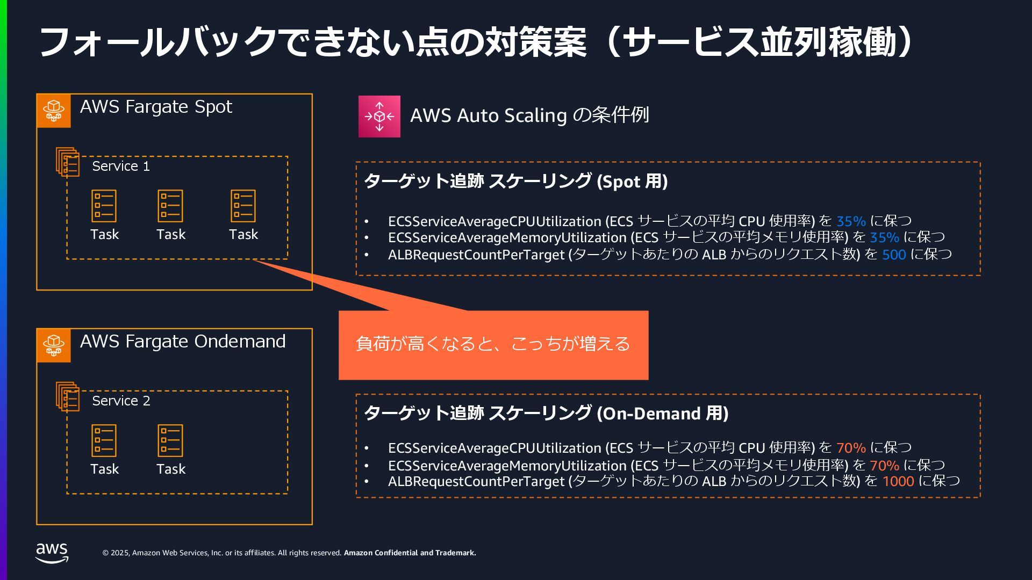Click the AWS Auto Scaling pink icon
[379, 117]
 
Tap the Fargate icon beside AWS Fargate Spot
[54, 111]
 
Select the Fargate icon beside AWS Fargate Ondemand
[54, 345]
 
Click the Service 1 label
[121, 166]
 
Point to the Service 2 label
[121, 401]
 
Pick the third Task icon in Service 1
[243, 206]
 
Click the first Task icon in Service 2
[104, 440]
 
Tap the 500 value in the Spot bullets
[894, 255]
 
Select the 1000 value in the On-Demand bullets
[898, 481]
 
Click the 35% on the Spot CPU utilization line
[851, 221]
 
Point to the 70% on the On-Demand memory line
[884, 465]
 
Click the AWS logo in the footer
[52, 552]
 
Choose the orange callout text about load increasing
[493, 344]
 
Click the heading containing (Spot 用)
[516, 182]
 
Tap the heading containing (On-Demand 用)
[546, 414]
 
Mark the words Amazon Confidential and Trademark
[410, 553]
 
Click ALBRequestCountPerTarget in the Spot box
[476, 255]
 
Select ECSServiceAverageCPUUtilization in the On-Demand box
[494, 448]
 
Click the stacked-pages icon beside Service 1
[68, 162]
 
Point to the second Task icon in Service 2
[170, 440]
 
